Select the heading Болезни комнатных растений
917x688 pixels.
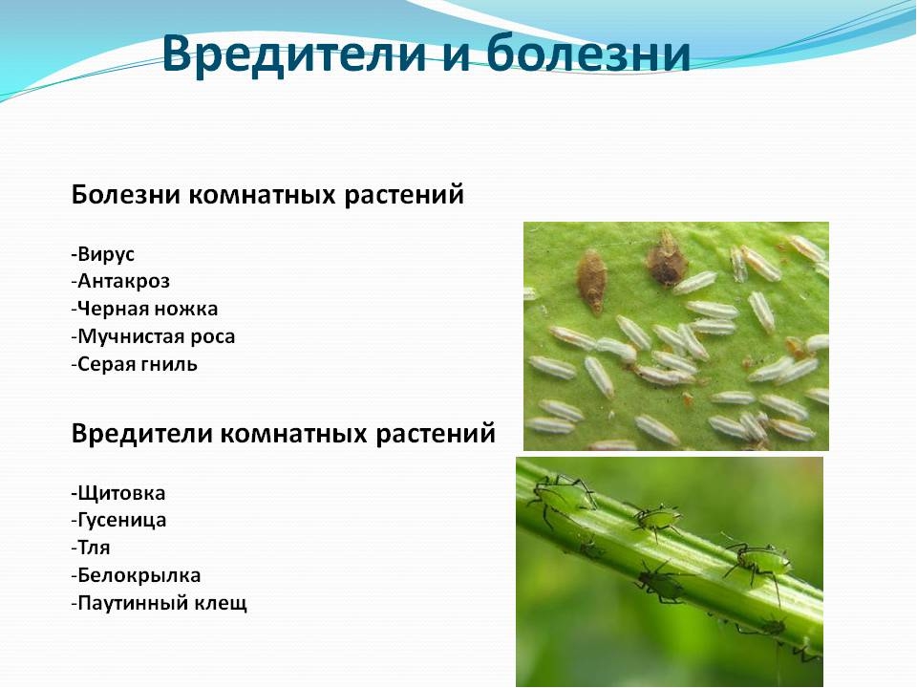(267, 195)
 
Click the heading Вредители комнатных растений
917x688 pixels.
(283, 434)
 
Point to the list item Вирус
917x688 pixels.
(103, 254)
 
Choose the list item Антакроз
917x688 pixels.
(120, 281)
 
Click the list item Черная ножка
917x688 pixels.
(144, 309)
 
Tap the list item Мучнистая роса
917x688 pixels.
(153, 337)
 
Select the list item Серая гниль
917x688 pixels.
(135, 364)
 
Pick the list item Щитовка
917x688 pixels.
(118, 493)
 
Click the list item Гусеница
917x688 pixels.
(118, 520)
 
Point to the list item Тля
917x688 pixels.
(91, 548)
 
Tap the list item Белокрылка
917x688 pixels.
(136, 575)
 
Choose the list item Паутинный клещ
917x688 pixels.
(160, 603)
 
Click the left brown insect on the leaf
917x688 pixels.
(592, 281)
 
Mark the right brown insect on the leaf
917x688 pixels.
(666, 258)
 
